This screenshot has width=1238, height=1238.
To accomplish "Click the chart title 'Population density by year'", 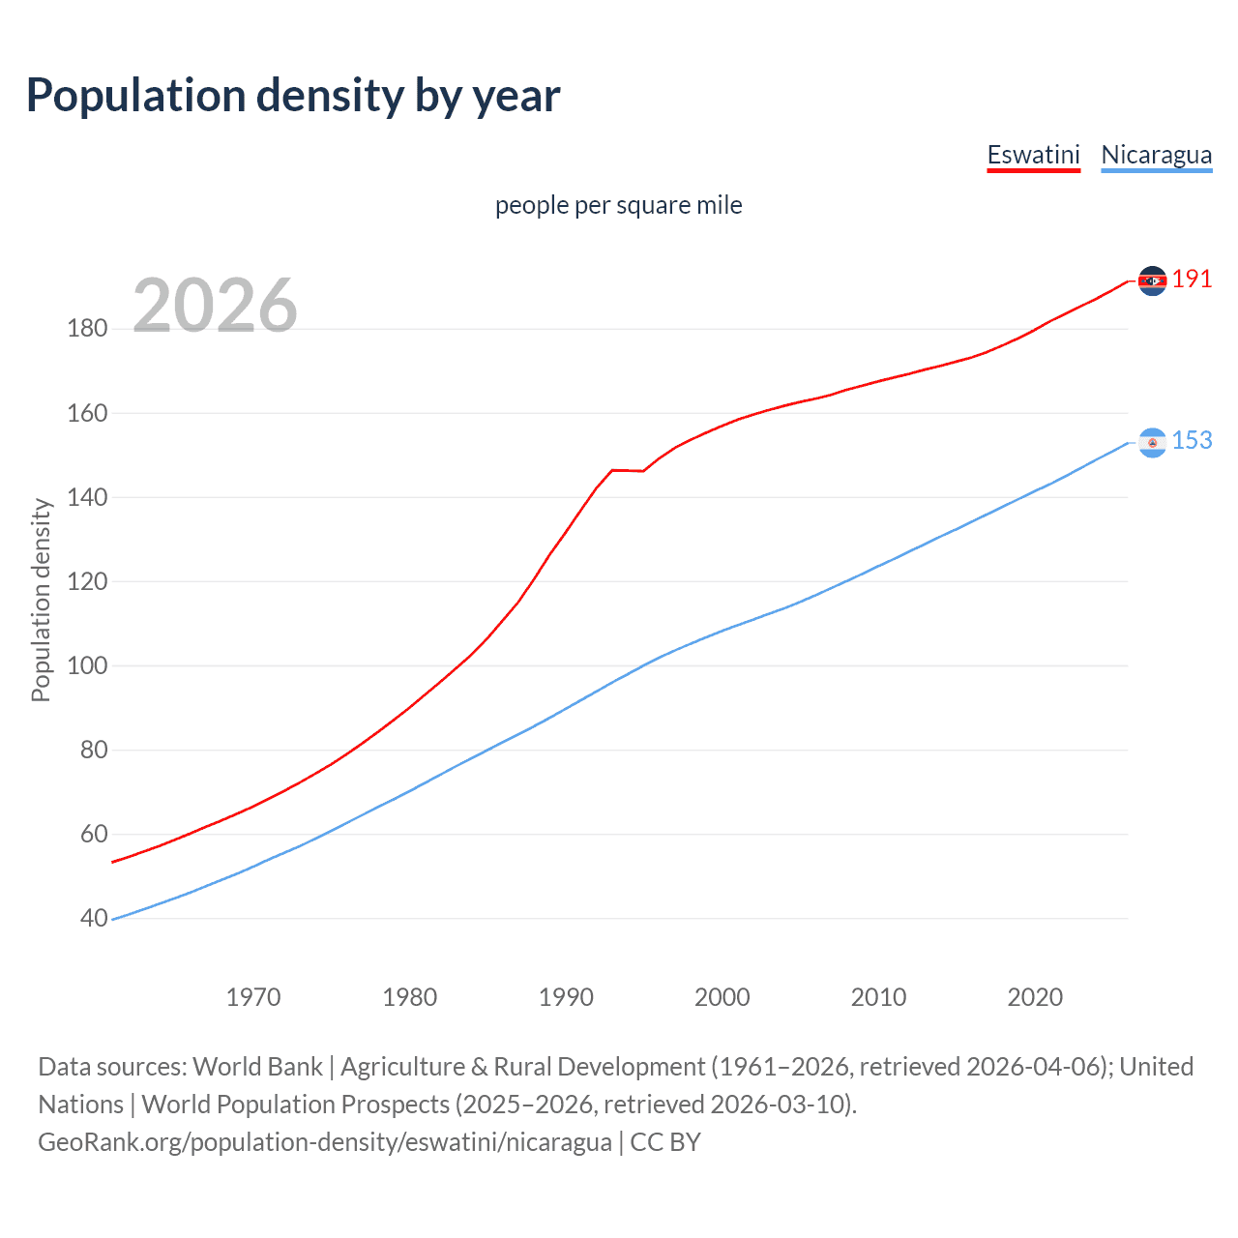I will tap(293, 96).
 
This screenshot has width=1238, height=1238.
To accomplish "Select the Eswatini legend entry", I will tap(1033, 155).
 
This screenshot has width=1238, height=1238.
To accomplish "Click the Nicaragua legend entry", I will tap(1156, 155).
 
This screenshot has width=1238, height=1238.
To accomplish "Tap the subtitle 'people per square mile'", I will tap(619, 205).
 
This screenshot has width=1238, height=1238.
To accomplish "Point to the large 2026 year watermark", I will tap(215, 306).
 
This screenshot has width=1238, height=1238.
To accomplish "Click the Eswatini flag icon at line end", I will tap(1152, 280).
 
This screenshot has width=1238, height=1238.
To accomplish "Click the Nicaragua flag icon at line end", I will tap(1152, 442).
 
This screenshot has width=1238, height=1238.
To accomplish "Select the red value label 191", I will tap(1192, 280).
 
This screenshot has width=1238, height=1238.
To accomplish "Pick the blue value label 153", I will tap(1192, 441).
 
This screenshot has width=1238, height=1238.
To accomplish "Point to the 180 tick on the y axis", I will tap(87, 329).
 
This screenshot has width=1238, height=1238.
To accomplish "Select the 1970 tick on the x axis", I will tap(253, 997).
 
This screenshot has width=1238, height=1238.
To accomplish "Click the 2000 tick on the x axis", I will tap(722, 997).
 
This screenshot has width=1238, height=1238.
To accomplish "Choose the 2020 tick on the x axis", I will tap(1035, 997).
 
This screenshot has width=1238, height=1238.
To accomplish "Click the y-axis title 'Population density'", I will tap(41, 600).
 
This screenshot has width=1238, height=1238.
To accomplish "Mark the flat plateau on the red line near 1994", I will tap(628, 470).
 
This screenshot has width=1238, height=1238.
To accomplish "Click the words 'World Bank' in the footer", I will tap(257, 1067).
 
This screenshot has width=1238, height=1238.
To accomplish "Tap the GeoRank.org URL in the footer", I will tap(325, 1142).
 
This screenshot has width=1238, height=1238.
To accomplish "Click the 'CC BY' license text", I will tap(665, 1142).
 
